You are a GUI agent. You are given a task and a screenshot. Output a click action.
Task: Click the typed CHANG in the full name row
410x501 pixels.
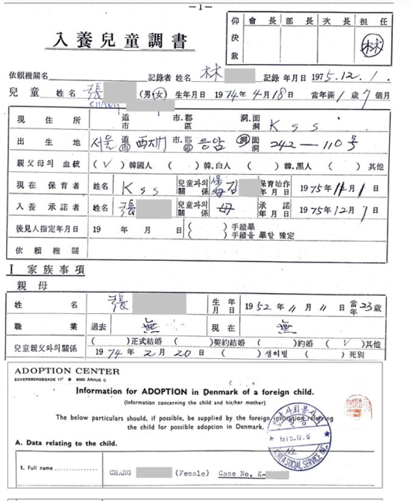pos(120,472)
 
